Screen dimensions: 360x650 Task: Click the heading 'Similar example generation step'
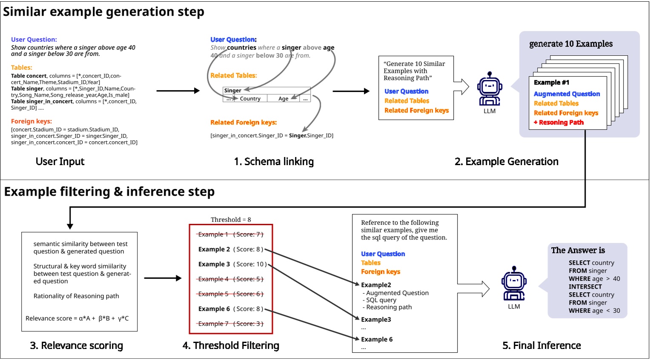[103, 12]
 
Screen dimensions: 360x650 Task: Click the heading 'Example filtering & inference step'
[109, 192]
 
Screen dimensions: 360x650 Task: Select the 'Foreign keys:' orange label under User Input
[31, 121]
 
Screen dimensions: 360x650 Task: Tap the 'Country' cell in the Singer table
[250, 99]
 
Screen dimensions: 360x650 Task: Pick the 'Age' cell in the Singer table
[283, 99]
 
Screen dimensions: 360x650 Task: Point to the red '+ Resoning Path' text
[558, 123]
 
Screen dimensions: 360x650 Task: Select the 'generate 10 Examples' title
[570, 44]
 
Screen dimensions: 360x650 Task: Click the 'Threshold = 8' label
[231, 220]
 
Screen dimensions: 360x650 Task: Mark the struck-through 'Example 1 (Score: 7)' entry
[230, 234]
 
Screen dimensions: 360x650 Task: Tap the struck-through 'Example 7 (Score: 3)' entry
[230, 324]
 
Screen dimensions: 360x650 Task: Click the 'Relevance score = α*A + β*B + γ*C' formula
[77, 318]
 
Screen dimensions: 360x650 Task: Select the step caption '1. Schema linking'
[274, 162]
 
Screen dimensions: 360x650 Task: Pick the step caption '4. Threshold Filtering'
[231, 346]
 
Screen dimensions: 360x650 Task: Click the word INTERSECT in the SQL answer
[585, 287]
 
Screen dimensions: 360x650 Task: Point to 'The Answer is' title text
[578, 250]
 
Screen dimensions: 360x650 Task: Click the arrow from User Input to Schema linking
[178, 91]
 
